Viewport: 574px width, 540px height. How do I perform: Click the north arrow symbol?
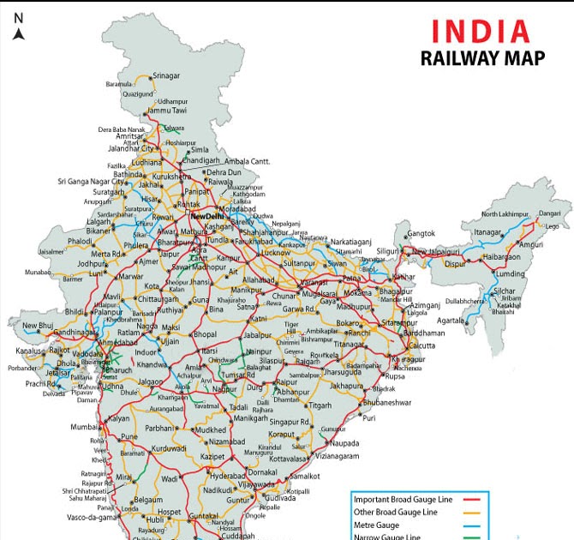pos(19,33)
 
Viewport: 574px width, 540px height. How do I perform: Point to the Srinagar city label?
pos(166,75)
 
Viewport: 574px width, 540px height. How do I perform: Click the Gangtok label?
pos(421,233)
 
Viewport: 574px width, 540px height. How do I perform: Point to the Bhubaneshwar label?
pos(387,402)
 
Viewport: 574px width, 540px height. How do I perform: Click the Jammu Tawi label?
pos(166,111)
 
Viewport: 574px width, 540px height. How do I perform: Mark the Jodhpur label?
pos(90,264)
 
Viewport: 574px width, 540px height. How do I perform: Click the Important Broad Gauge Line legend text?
pos(406,498)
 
